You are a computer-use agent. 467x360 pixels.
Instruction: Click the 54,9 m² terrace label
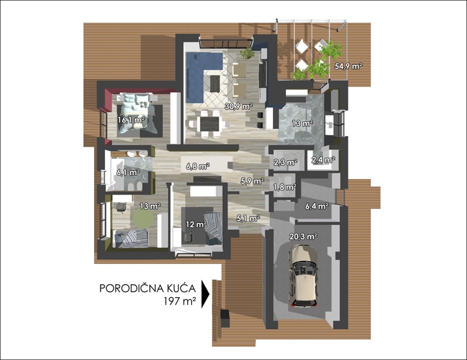pyautogui.click(x=348, y=66)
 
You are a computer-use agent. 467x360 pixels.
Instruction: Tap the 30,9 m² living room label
pyautogui.click(x=239, y=106)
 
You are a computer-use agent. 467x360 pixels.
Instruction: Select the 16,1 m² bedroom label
pyautogui.click(x=131, y=120)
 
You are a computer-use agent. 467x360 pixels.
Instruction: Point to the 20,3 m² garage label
pyautogui.click(x=303, y=237)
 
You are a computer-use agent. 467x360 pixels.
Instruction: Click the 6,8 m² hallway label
pyautogui.click(x=197, y=167)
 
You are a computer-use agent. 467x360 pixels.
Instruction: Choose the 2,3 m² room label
pyautogui.click(x=285, y=163)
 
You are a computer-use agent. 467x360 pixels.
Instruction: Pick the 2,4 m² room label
pyautogui.click(x=324, y=160)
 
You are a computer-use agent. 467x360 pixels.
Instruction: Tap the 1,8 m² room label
pyautogui.click(x=285, y=187)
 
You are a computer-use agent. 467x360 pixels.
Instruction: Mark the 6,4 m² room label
pyautogui.click(x=317, y=206)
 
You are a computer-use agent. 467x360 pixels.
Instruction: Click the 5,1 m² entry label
pyautogui.click(x=248, y=219)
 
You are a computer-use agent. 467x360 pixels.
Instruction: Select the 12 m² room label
pyautogui.click(x=196, y=224)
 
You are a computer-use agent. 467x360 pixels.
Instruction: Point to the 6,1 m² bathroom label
pyautogui.click(x=128, y=173)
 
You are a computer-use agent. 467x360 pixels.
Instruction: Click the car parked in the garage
pyautogui.click(x=303, y=276)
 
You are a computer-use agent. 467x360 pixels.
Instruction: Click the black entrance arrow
pyautogui.click(x=206, y=294)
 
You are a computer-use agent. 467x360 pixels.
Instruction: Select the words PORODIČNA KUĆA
pyautogui.click(x=147, y=288)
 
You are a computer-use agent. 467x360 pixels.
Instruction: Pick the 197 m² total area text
pyautogui.click(x=180, y=302)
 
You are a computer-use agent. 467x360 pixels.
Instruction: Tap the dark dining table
pyautogui.click(x=210, y=124)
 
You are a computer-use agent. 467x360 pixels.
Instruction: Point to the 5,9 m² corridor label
pyautogui.click(x=252, y=181)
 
